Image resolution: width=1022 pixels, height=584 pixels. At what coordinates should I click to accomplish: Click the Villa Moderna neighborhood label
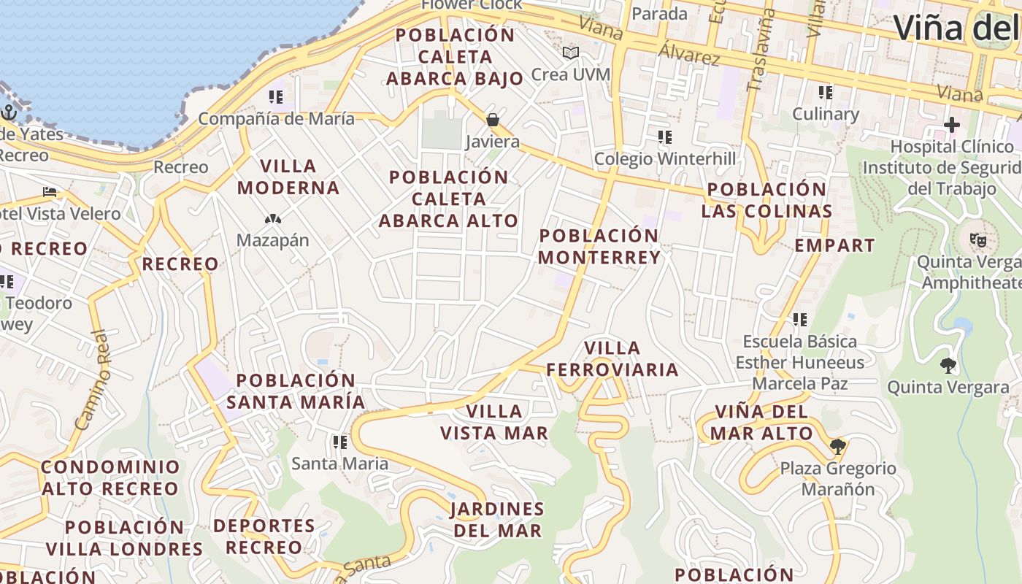288,177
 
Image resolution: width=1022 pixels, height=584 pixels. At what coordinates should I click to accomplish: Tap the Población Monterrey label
599,246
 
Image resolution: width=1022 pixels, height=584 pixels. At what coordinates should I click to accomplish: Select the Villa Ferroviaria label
612,358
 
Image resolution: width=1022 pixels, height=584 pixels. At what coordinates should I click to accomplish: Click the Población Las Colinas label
766,200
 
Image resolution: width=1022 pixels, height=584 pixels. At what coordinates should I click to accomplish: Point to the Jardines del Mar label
497,519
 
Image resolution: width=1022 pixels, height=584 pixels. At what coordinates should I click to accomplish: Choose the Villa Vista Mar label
494,422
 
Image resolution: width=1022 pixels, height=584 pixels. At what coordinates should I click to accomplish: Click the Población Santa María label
296,391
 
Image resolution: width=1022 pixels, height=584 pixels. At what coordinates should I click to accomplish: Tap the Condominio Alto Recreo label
110,477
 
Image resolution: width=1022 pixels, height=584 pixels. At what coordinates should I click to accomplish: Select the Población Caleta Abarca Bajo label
455,56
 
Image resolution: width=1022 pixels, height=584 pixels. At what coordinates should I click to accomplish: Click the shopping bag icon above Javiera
493,120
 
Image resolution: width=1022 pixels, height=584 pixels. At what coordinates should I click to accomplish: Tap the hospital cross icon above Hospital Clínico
951,125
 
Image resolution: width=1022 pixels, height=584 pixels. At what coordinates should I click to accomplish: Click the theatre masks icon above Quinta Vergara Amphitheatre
977,239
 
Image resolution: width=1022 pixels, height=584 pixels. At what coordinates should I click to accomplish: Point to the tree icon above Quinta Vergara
948,365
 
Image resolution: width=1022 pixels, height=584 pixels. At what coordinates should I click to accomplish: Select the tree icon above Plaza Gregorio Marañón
837,446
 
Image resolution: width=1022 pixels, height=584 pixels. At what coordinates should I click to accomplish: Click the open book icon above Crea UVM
570,53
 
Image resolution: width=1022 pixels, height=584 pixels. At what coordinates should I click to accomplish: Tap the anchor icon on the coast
9,112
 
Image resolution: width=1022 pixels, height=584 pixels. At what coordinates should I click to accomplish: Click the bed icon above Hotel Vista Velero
50,192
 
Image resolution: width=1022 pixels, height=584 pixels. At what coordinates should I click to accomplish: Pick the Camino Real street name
93,380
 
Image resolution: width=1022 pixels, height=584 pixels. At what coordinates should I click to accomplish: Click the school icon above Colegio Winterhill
664,137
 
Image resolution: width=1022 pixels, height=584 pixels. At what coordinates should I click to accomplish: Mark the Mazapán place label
273,240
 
